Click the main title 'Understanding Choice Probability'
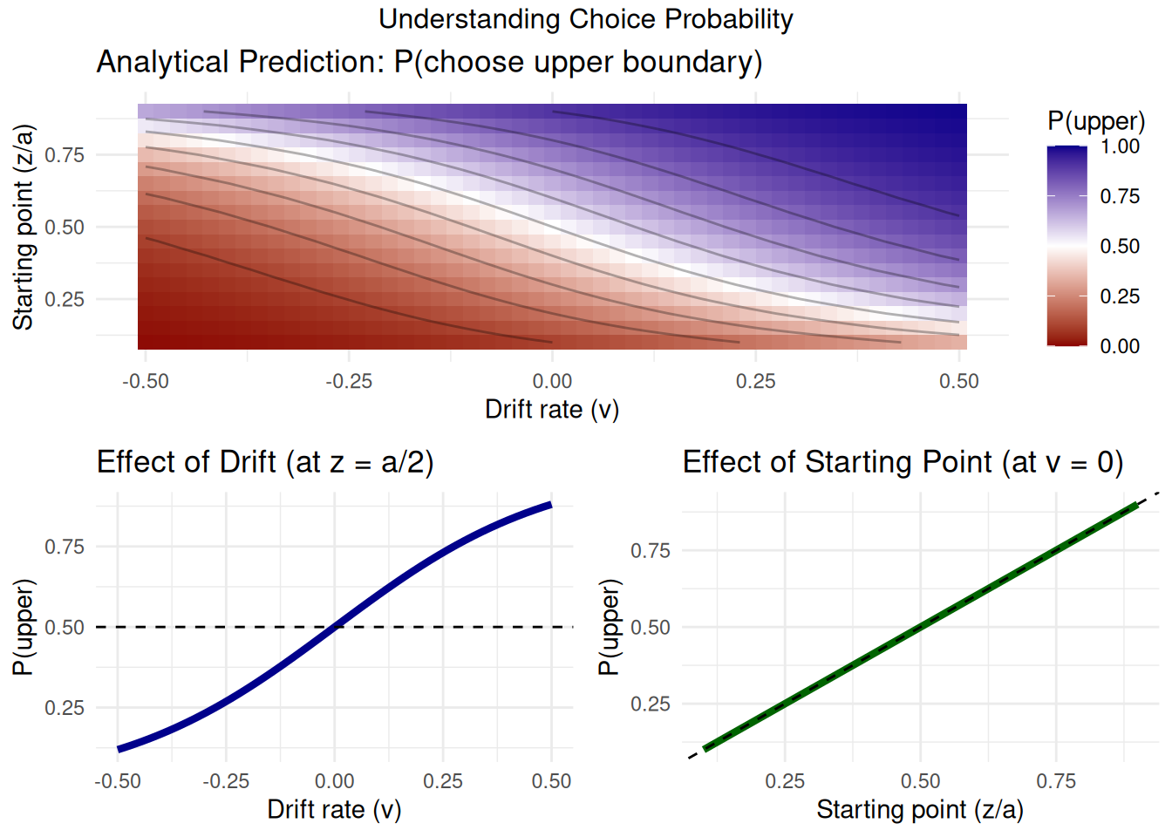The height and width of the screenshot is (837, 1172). (x=585, y=19)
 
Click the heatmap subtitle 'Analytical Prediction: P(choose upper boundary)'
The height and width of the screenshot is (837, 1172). (x=429, y=63)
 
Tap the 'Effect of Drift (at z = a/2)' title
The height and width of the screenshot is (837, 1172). (x=265, y=462)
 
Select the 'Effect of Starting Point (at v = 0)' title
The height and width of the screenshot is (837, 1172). (x=903, y=462)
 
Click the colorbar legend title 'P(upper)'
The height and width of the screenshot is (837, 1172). (x=1096, y=121)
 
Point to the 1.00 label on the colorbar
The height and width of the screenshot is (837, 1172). (x=1120, y=146)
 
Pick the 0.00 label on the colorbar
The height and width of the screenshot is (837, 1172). (x=1120, y=346)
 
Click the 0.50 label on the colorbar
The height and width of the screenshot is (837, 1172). (x=1120, y=247)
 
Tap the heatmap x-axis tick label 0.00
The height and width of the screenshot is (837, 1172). (x=552, y=381)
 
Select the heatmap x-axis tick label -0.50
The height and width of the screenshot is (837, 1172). (x=145, y=381)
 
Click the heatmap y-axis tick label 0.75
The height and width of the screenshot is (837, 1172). (x=65, y=155)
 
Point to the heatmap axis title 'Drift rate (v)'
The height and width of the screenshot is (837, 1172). (x=552, y=409)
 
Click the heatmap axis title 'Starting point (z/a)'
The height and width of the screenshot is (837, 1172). (x=24, y=227)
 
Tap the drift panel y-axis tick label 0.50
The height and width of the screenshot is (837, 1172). (x=65, y=628)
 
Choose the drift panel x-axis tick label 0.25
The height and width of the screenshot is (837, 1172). (x=443, y=781)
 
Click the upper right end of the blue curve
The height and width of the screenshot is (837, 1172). (x=550, y=505)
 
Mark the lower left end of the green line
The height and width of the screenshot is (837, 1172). (x=705, y=748)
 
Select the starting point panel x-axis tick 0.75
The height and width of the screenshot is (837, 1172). (x=1056, y=781)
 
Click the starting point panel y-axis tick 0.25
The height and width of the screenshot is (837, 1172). (x=651, y=704)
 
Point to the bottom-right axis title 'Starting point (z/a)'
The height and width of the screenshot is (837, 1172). (x=920, y=810)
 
